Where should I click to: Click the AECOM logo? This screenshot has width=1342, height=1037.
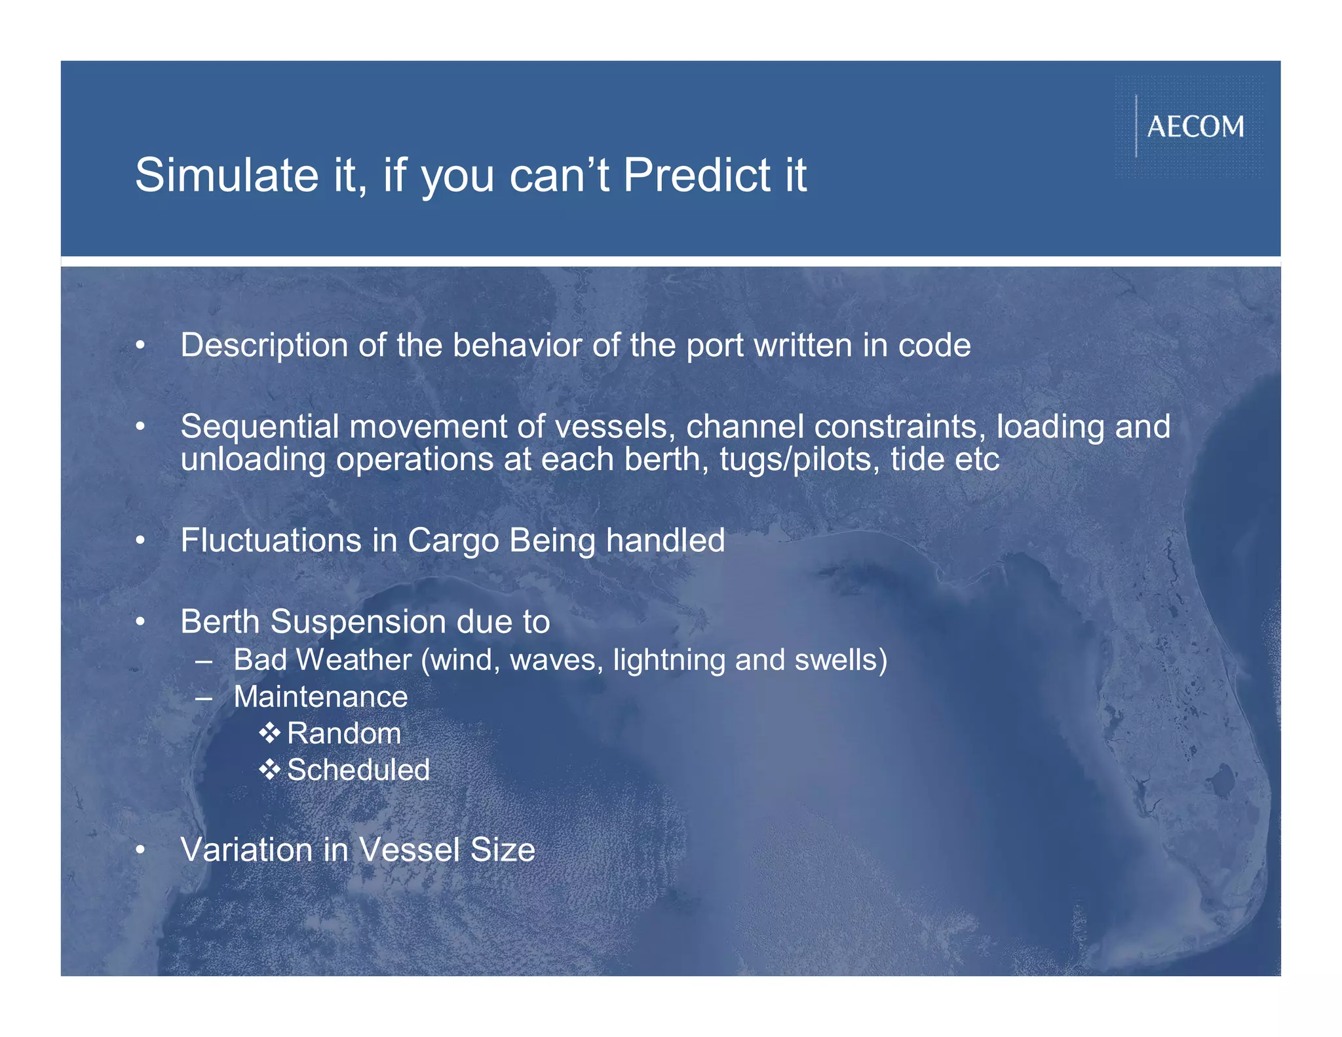1195,127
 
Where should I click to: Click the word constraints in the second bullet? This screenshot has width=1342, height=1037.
900,427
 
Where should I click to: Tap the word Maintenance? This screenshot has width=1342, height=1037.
320,697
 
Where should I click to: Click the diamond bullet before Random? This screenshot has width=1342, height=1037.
269,733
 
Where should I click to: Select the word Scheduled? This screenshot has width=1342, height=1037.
358,770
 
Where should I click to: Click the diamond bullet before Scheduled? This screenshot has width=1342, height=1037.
269,770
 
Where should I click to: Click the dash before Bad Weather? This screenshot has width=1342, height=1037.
204,661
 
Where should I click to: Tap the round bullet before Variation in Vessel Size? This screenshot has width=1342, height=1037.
140,850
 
